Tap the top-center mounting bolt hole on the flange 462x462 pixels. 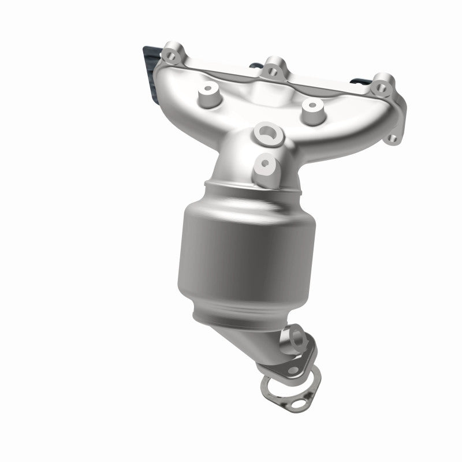[x=270, y=72]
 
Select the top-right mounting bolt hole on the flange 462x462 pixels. [x=380, y=88]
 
